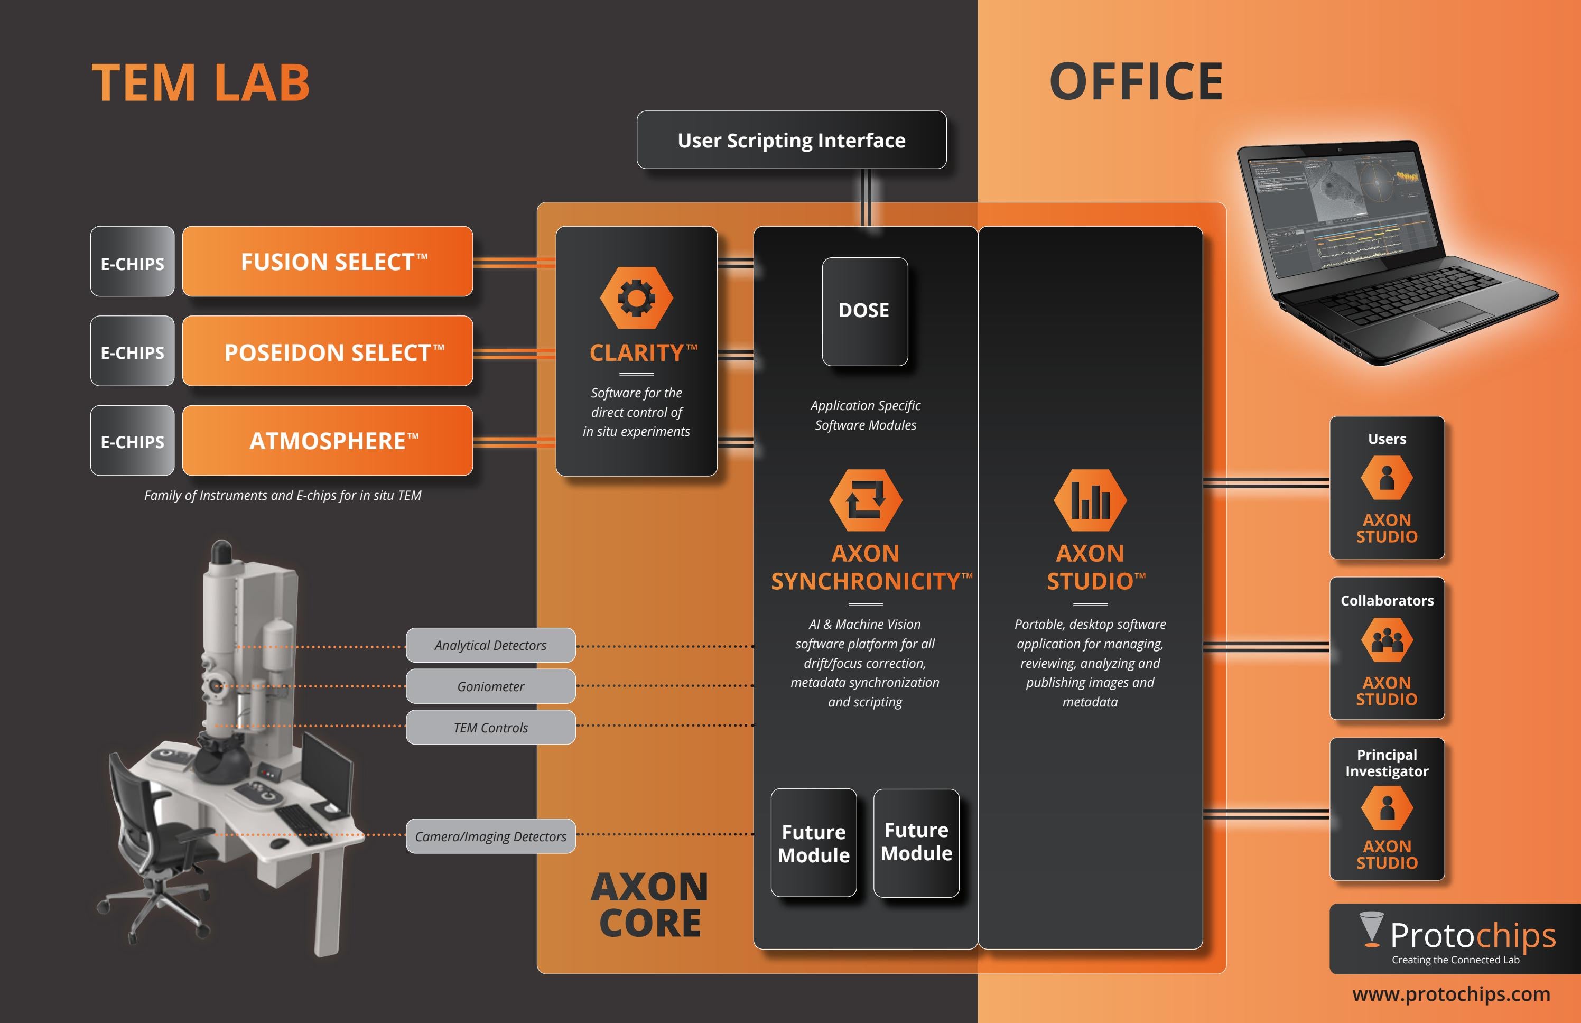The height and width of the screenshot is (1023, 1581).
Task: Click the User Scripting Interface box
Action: (x=791, y=140)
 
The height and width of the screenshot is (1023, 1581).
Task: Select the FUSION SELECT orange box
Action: (x=328, y=261)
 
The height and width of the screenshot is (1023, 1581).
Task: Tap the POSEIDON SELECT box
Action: (x=328, y=351)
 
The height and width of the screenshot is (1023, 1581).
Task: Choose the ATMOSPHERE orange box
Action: (x=328, y=440)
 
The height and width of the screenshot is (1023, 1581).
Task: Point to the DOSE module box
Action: (x=864, y=311)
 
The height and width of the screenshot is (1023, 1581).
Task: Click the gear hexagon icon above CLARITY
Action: (x=636, y=297)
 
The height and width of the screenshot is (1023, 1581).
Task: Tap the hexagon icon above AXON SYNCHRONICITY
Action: (x=866, y=500)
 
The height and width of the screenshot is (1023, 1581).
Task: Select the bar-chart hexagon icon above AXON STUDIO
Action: (x=1090, y=500)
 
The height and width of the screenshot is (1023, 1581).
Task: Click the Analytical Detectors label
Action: (x=490, y=645)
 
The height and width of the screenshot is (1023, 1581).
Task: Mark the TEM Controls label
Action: (x=490, y=728)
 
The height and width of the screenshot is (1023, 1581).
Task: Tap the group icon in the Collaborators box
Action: (x=1387, y=640)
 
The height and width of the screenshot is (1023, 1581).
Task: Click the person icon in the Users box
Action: (x=1387, y=478)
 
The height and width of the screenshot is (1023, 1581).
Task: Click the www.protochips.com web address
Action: (x=1451, y=994)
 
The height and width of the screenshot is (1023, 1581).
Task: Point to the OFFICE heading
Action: (x=1136, y=82)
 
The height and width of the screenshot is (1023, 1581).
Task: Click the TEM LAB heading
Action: (x=201, y=83)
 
